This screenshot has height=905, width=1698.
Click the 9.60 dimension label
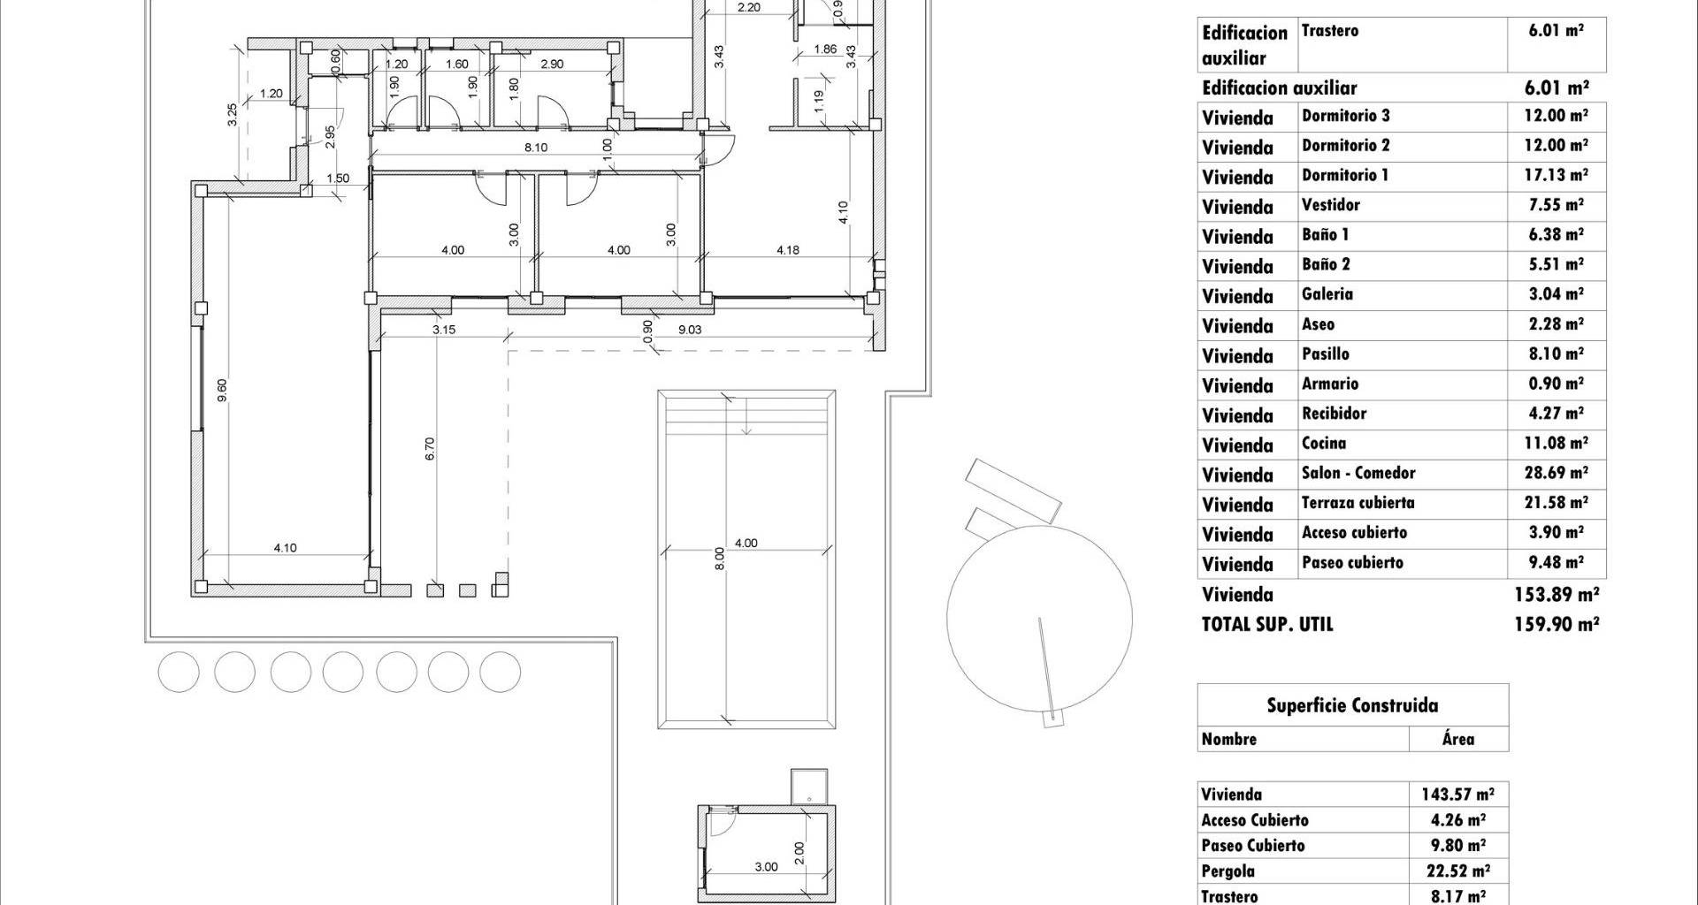click(x=222, y=391)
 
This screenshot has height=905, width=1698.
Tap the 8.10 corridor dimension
click(x=536, y=148)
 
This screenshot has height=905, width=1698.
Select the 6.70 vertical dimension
click(x=431, y=449)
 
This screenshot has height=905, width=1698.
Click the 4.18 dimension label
click(x=788, y=250)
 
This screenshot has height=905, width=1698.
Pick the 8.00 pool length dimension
click(x=720, y=559)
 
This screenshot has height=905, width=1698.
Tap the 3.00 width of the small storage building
click(x=766, y=867)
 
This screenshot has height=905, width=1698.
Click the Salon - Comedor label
click(x=1358, y=473)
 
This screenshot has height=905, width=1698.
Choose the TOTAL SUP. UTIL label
click(x=1267, y=624)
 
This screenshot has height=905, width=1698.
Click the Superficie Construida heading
click(x=1352, y=705)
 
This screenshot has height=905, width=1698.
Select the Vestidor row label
click(x=1331, y=205)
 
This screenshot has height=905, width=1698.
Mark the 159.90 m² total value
click(x=1556, y=624)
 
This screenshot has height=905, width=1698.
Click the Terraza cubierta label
click(x=1358, y=503)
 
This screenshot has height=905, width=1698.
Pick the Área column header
click(x=1457, y=739)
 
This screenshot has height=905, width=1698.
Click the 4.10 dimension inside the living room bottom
click(x=285, y=548)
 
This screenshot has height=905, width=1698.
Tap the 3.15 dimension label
click(x=444, y=330)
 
